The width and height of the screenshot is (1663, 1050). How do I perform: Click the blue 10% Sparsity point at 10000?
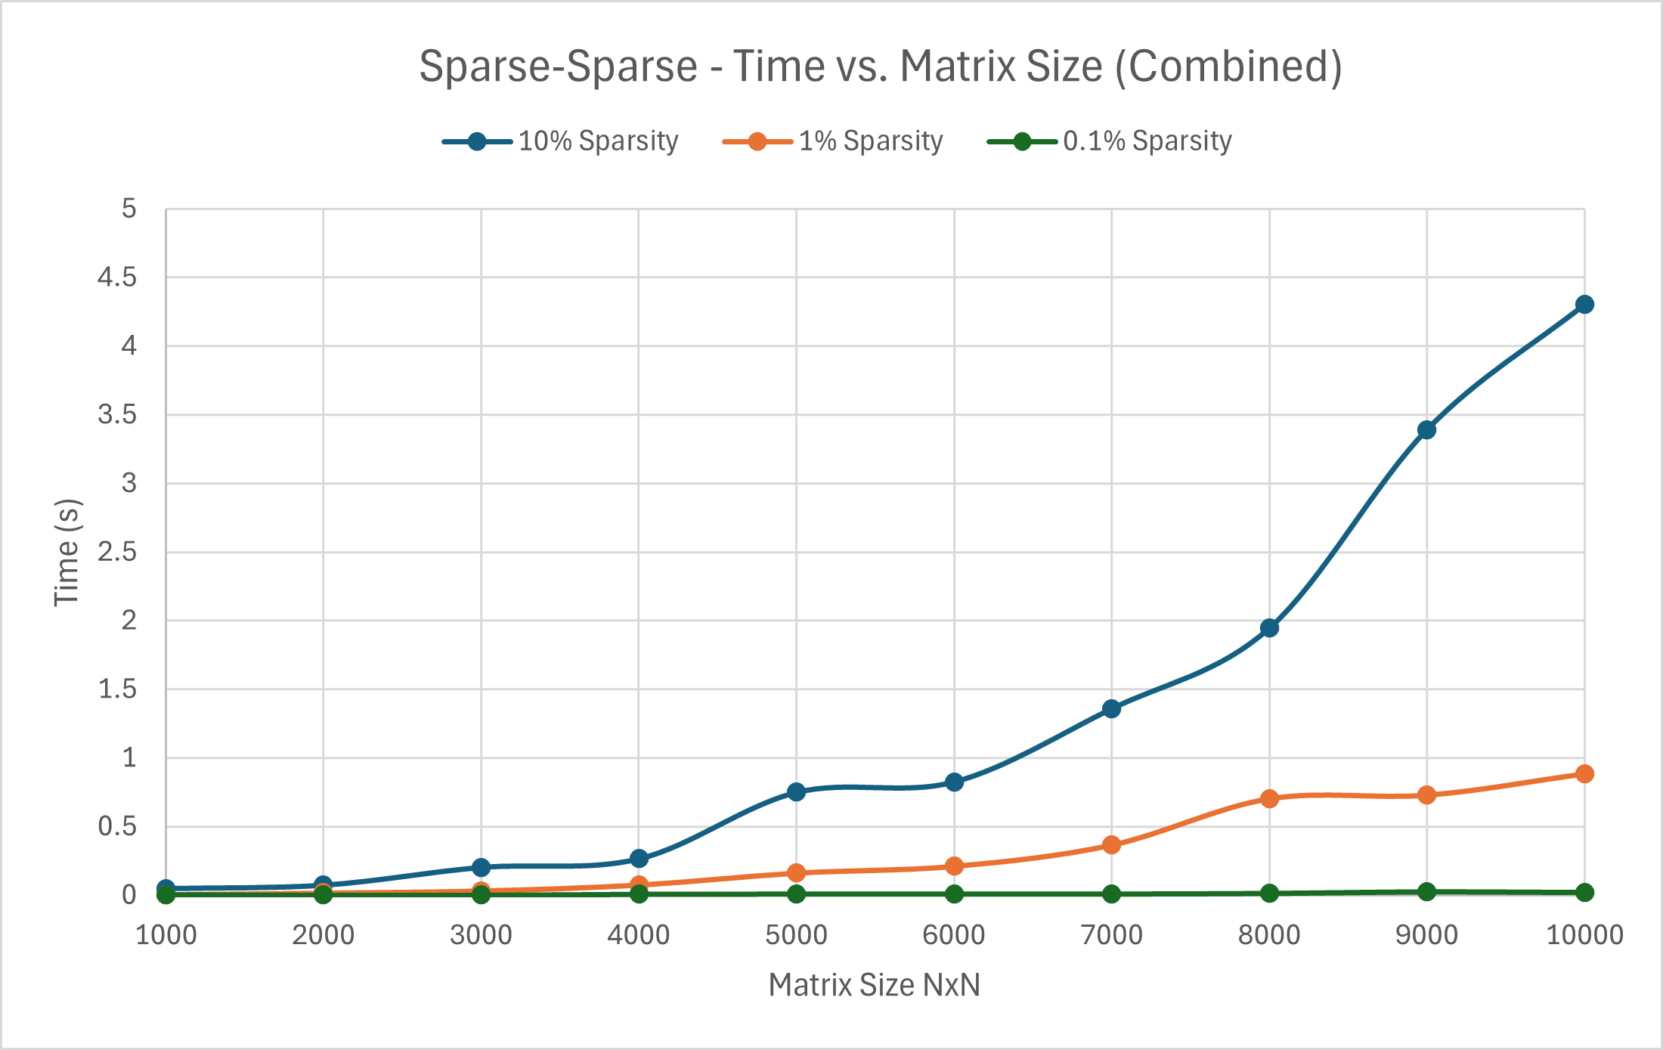(1584, 305)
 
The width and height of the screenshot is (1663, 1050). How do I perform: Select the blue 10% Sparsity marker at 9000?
(1426, 430)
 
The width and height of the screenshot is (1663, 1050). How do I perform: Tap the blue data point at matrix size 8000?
(1269, 628)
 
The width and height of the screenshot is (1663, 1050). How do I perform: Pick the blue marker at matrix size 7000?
(1111, 709)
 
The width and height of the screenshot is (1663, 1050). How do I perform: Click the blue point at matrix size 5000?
(796, 792)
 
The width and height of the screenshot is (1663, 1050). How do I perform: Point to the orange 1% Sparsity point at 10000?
(1584, 774)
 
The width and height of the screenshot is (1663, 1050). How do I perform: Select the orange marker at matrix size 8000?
(1269, 799)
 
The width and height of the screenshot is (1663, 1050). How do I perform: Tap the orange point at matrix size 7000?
(1111, 845)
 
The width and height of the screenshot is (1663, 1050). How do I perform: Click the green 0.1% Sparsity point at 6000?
(954, 894)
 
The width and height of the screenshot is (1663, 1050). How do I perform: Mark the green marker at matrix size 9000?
(1426, 892)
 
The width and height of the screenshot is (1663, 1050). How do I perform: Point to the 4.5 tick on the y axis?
(117, 277)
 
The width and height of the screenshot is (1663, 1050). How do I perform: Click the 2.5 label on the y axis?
(117, 552)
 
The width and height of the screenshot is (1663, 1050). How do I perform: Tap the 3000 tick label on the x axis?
(481, 936)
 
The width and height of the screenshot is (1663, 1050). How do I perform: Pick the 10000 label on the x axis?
(1584, 936)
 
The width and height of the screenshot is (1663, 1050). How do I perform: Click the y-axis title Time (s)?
(67, 552)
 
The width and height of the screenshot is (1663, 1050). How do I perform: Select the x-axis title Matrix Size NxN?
(874, 986)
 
